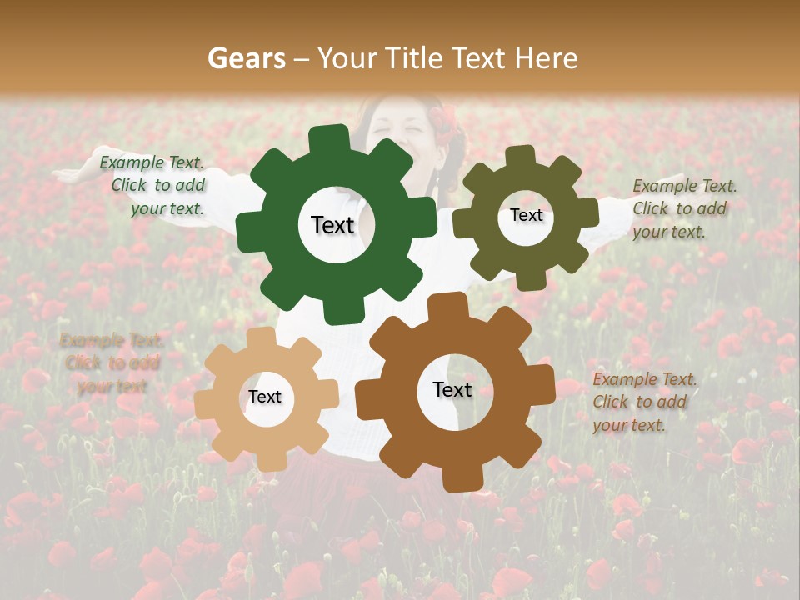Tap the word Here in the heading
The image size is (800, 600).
click(x=547, y=58)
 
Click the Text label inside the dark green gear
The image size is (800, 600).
click(x=332, y=225)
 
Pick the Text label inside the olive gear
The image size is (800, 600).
click(x=526, y=215)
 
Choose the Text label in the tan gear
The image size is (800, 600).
click(x=265, y=397)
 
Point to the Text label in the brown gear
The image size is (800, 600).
click(x=452, y=390)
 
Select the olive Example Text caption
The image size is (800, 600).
click(x=683, y=208)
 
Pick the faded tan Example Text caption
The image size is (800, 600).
click(x=112, y=362)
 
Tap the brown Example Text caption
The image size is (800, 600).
click(x=643, y=402)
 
